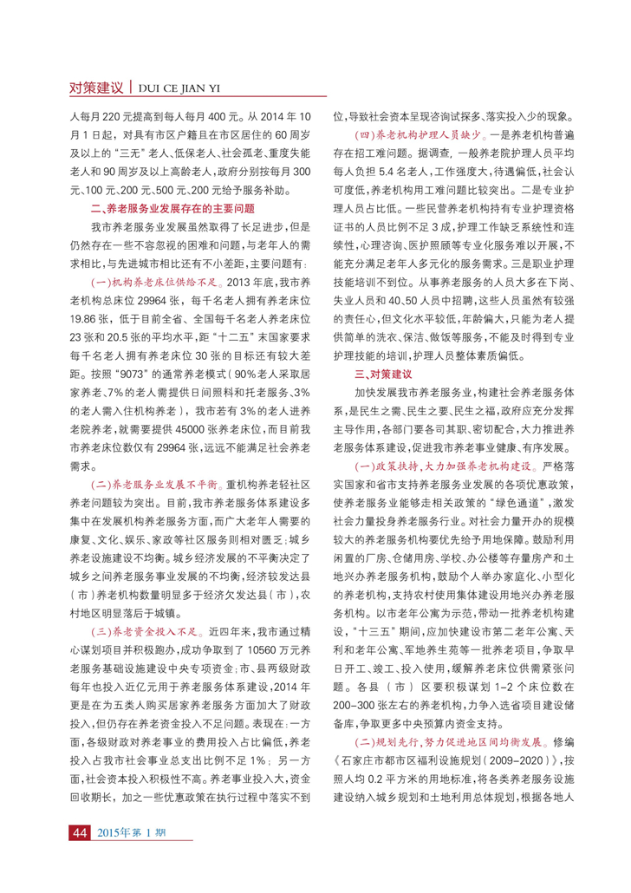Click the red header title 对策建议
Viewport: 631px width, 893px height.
pyautogui.click(x=96, y=88)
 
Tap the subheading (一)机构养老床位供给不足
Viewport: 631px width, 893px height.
pyautogui.click(x=148, y=282)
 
